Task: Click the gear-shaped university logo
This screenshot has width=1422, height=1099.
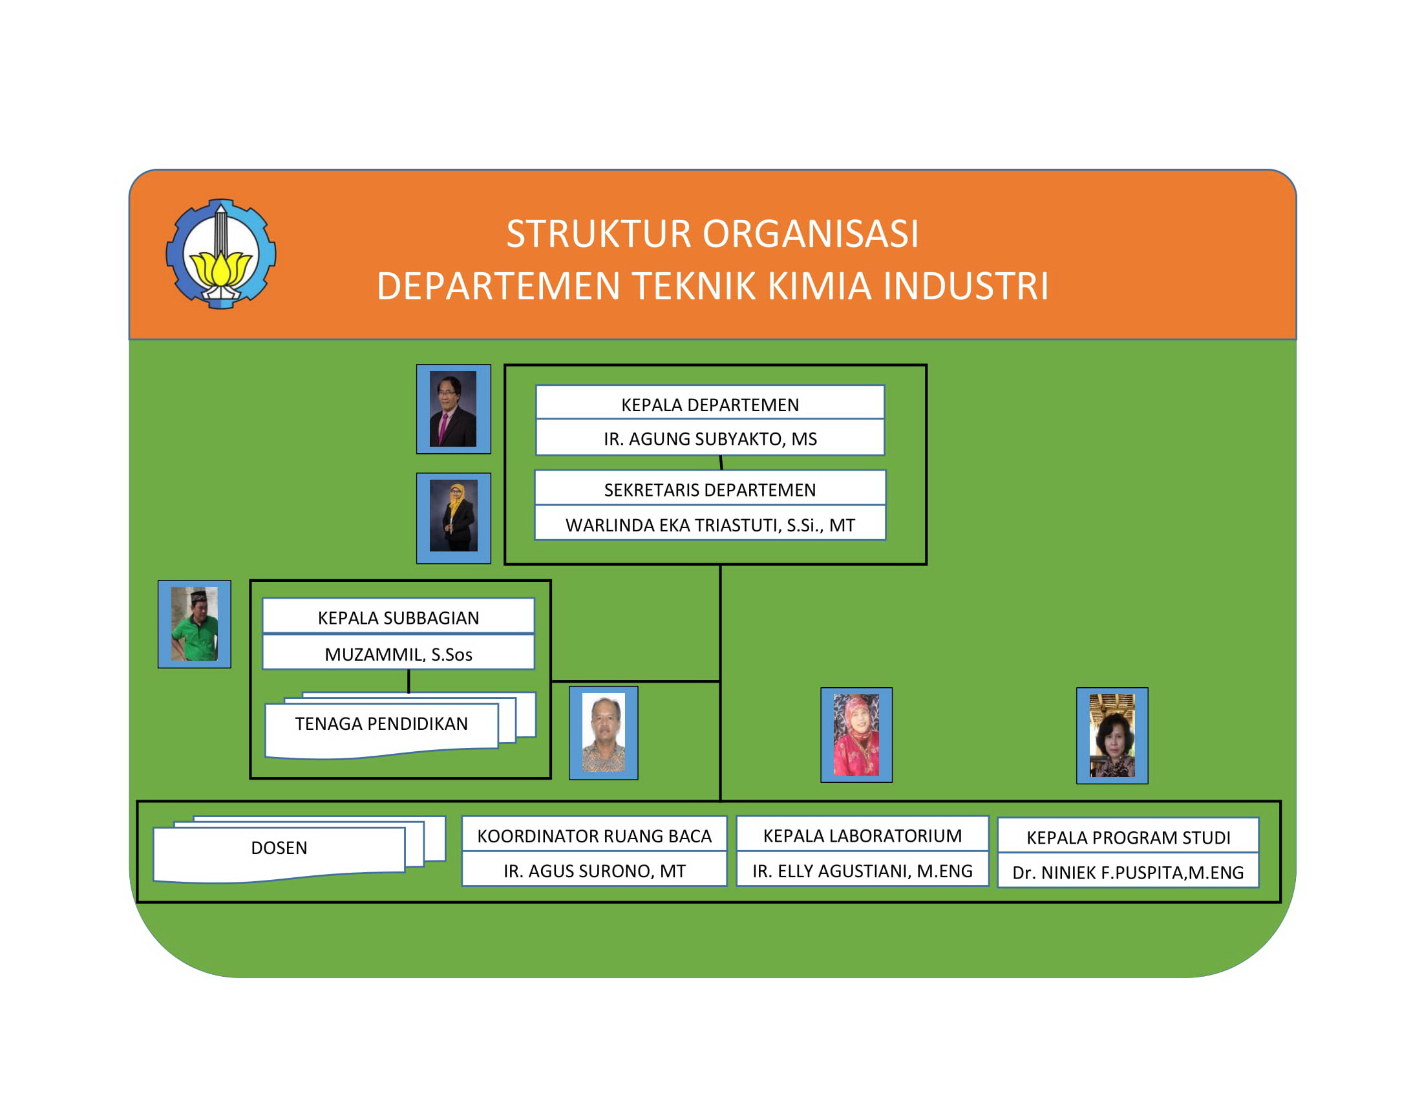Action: pos(220,254)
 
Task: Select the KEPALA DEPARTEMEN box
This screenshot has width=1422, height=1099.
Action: pos(710,405)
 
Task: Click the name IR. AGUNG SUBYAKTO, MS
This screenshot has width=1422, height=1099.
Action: pos(710,439)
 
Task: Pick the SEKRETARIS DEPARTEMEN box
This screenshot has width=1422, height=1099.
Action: pos(710,489)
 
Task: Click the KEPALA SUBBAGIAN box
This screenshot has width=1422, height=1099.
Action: pos(398,618)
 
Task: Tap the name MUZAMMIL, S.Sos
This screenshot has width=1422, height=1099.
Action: pos(398,654)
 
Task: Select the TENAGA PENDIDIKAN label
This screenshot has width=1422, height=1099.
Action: pos(381,724)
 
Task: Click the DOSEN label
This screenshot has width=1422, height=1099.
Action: pos(279,848)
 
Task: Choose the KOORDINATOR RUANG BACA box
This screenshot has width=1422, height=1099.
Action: pos(594,836)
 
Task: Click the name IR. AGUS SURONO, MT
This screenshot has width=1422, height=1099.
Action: pos(594,871)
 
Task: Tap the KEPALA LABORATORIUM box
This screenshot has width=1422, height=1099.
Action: pos(862,836)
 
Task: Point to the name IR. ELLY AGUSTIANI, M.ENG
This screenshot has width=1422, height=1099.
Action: pos(862,871)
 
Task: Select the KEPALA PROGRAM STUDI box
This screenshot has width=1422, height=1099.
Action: pos(1129,838)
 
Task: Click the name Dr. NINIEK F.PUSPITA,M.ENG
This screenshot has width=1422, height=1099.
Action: pos(1129,873)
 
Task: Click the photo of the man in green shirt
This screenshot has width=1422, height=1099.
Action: pos(195,624)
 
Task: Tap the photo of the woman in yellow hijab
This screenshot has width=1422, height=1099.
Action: pos(454,518)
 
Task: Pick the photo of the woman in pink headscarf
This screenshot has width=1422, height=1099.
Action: pos(856,735)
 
